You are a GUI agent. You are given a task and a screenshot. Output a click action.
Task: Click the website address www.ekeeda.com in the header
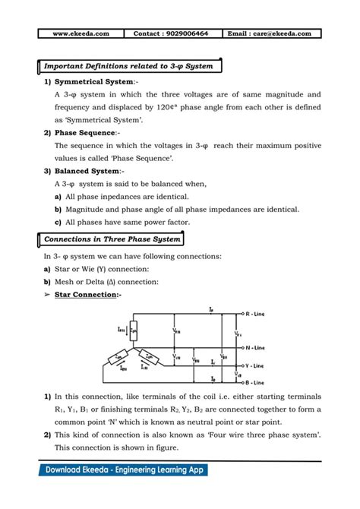point(81,33)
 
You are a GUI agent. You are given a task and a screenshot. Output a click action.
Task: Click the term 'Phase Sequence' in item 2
point(84,133)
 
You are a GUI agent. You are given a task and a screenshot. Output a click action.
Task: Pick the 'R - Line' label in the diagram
point(254,314)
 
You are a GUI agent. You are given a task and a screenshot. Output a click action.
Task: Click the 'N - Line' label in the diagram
point(254,346)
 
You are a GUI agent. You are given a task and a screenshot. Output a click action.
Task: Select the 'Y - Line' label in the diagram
point(254,365)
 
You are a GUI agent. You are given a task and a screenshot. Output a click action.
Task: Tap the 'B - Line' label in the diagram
point(254,382)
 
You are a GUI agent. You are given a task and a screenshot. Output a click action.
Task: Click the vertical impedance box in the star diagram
point(134,329)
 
